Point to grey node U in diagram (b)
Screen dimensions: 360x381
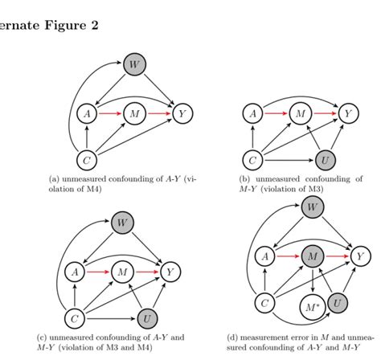(x=326, y=161)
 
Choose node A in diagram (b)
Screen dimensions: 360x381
(x=254, y=114)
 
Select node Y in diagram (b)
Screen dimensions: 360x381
(x=347, y=114)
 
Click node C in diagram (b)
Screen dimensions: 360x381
(x=254, y=161)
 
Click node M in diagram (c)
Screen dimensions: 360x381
(x=122, y=272)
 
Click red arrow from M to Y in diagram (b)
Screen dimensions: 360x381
(x=324, y=114)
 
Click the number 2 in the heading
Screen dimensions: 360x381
(x=94, y=25)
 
